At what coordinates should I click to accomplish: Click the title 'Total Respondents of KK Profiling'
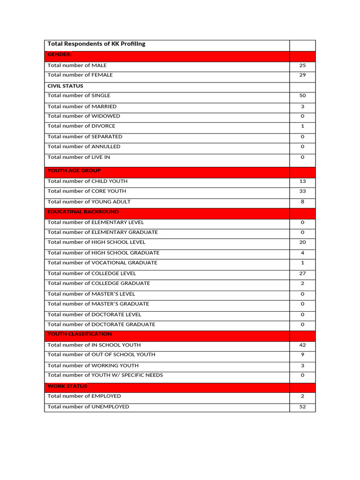point(97,44)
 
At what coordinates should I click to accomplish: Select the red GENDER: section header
point(60,55)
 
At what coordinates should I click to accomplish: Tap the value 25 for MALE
point(302,66)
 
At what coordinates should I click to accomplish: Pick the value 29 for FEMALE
point(302,75)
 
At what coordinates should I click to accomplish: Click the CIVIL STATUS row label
point(66,86)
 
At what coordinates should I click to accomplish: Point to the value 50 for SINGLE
point(302,96)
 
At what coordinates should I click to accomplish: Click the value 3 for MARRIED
point(302,106)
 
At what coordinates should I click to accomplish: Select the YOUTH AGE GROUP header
point(74,171)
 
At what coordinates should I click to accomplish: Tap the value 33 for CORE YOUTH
point(302,191)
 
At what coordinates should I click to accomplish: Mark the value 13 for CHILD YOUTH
point(302,181)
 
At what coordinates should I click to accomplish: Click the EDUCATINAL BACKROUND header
point(83,212)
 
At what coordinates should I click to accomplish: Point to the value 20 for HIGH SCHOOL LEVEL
point(302,242)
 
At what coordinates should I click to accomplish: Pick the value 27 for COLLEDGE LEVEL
point(302,273)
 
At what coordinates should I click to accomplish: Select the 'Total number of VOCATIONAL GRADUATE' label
point(103,263)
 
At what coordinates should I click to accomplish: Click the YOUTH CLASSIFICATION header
point(80,334)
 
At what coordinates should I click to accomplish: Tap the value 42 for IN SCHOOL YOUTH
point(302,345)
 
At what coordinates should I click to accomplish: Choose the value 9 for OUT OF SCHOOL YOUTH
point(302,355)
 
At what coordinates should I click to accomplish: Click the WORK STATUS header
point(67,386)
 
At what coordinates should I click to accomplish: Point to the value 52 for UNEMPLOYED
point(302,407)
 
